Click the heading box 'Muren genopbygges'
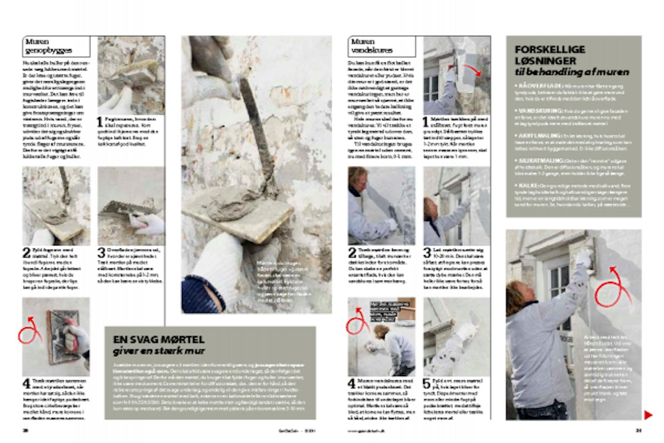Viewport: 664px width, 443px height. click(x=56, y=46)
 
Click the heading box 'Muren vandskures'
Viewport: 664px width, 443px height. click(x=382, y=46)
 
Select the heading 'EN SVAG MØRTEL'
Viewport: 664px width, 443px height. click(x=158, y=340)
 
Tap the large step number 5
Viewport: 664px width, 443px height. click(x=427, y=384)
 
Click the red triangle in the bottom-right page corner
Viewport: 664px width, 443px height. click(x=648, y=415)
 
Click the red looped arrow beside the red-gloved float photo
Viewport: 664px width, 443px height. click(x=30, y=330)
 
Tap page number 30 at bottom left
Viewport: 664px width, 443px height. click(x=26, y=430)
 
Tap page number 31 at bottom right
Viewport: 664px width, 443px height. click(x=638, y=430)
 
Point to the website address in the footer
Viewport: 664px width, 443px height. click(x=366, y=430)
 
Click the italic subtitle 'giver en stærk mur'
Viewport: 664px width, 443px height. click(x=159, y=351)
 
